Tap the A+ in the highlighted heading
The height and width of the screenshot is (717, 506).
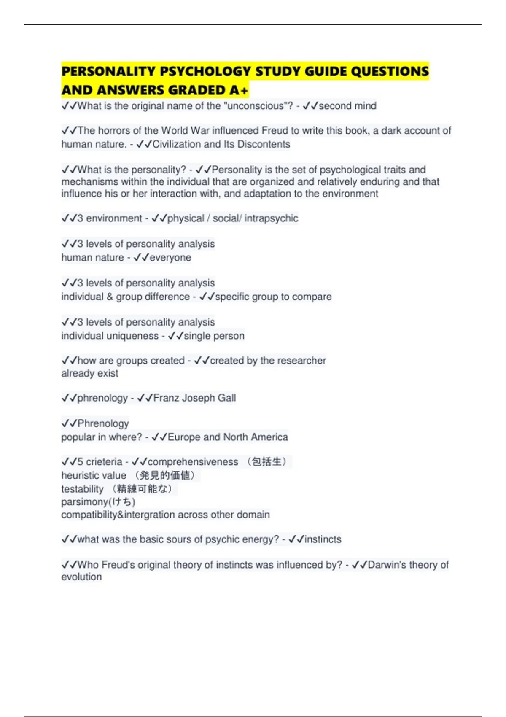point(239,90)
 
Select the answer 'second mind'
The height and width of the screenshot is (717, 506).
point(347,106)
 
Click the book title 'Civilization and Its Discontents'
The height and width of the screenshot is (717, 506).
point(221,144)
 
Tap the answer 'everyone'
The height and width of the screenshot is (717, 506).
point(170,258)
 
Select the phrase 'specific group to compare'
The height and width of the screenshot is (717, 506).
point(273,297)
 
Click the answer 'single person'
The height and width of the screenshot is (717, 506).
point(214,336)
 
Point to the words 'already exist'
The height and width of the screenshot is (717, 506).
point(90,374)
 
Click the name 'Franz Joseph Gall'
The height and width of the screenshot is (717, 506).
point(194,398)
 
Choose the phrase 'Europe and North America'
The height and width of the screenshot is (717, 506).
point(228,437)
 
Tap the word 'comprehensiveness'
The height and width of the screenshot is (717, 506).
point(193,462)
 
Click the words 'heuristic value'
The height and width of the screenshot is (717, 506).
point(94,476)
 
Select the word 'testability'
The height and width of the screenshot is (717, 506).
point(82,489)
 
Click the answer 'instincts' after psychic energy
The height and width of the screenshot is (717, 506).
point(323,539)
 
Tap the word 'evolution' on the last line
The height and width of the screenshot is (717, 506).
point(81,577)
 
